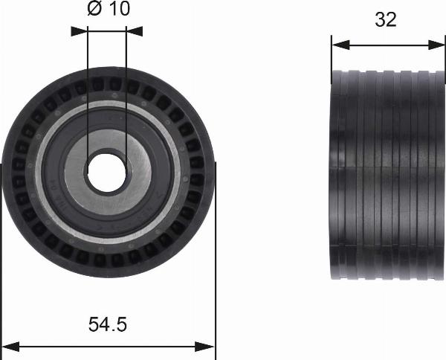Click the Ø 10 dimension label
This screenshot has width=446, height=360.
click(x=109, y=9)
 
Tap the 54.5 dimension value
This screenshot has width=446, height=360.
click(x=108, y=324)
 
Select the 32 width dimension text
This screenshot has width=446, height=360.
click(x=385, y=19)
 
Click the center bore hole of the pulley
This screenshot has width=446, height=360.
click(x=106, y=173)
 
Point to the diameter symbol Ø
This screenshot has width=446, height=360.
click(x=94, y=9)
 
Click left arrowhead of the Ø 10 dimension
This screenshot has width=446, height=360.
click(x=79, y=31)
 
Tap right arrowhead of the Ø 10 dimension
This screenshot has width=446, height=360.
click(x=135, y=31)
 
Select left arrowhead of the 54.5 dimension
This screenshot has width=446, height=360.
click(x=10, y=347)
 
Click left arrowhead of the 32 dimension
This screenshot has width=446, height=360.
click(x=340, y=45)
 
